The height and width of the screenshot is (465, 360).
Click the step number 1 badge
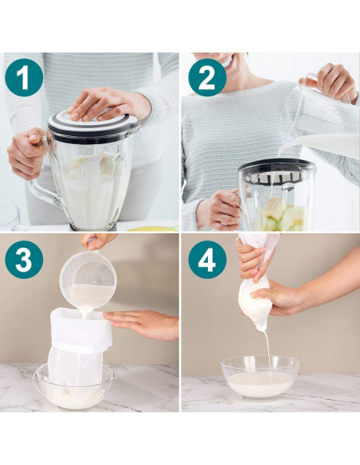24,78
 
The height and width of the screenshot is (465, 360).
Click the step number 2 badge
207,78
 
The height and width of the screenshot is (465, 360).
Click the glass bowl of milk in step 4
260,377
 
